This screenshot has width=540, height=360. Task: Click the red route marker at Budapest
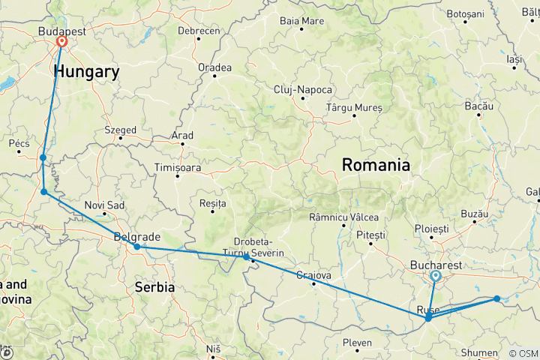pyautogui.click(x=61, y=42)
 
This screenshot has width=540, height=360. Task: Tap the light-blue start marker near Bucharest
pyautogui.click(x=435, y=275)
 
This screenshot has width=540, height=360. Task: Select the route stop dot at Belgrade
pyautogui.click(x=137, y=246)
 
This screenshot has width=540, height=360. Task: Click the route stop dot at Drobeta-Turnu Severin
pyautogui.click(x=246, y=257)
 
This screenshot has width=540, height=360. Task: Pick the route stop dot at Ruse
pyautogui.click(x=427, y=318)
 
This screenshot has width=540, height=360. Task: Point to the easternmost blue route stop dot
pyautogui.click(x=496, y=298)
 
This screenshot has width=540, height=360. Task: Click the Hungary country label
pyautogui.click(x=86, y=72)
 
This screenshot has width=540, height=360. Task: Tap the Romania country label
pyautogui.click(x=376, y=165)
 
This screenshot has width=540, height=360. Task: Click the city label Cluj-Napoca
pyautogui.click(x=302, y=89)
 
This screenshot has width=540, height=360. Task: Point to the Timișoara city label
pyautogui.click(x=178, y=168)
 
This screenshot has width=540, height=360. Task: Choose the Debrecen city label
pyautogui.click(x=199, y=31)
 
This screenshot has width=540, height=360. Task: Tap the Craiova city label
pyautogui.click(x=314, y=274)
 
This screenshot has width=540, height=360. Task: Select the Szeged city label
pyautogui.click(x=120, y=130)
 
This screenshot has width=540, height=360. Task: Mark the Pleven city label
pyautogui.click(x=357, y=343)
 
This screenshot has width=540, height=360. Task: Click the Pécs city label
pyautogui.click(x=19, y=142)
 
